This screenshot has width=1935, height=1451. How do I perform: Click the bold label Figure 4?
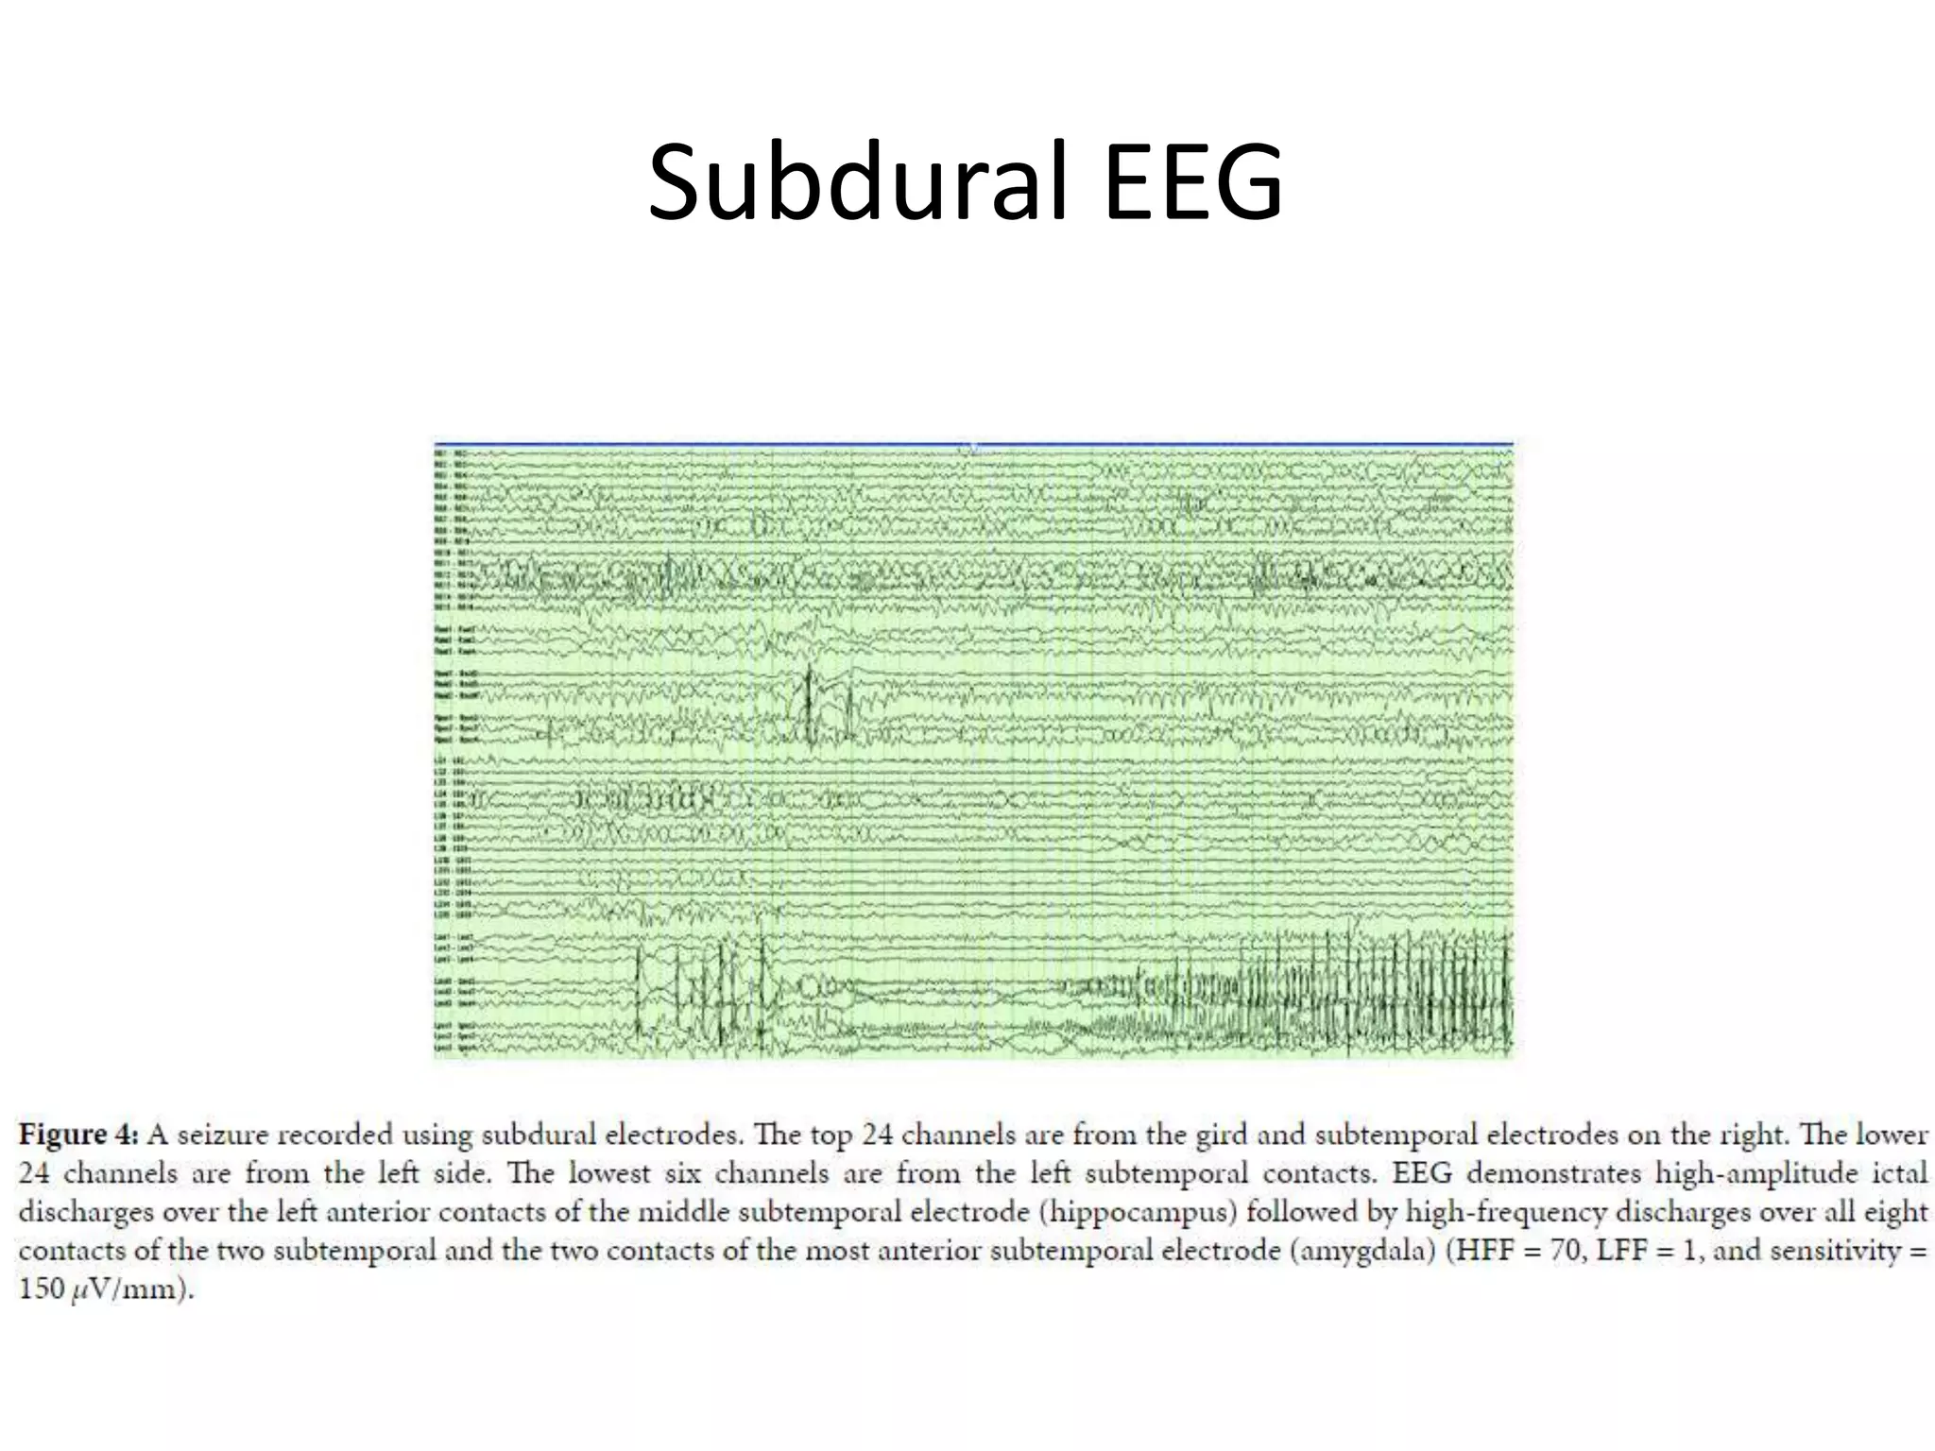(79, 1135)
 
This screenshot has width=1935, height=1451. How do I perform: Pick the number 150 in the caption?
(41, 1289)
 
